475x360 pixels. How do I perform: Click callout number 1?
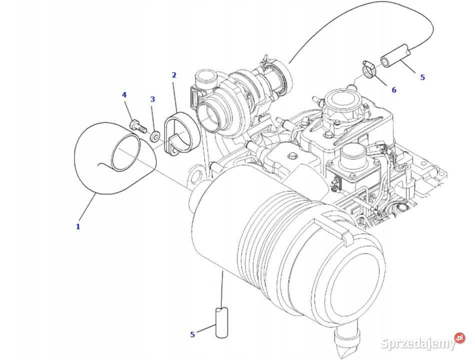point(78,226)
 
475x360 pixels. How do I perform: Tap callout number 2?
point(174,75)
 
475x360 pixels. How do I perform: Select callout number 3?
point(152,99)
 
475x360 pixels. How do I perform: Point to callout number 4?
point(124,95)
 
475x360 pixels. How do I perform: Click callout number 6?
point(394,90)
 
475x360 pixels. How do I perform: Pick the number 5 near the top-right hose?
point(422,77)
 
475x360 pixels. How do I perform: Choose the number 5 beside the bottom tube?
point(192,334)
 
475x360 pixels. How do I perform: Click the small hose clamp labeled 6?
point(368,69)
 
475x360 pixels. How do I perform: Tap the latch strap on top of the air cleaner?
point(331,229)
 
